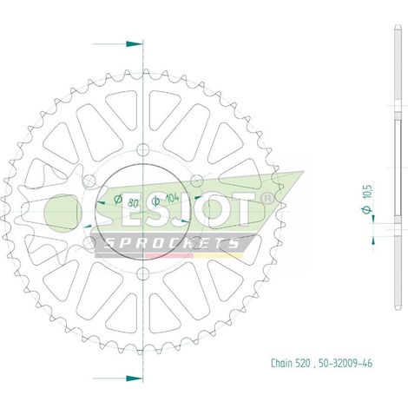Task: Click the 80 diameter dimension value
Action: pos(133,204)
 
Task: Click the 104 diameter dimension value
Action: pos(172,199)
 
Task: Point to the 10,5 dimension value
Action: pos(368,191)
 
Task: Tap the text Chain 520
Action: pos(291,363)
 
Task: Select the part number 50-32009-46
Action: pos(345,363)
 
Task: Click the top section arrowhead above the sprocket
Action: pos(135,44)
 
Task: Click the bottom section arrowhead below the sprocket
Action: pos(135,378)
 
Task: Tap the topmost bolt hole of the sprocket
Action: pos(142,149)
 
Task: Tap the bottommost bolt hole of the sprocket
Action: pos(142,273)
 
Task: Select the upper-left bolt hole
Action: pos(89,181)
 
